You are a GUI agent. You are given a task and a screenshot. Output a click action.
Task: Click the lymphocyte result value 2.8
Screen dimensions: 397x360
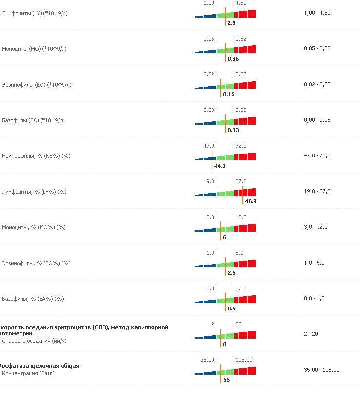232,23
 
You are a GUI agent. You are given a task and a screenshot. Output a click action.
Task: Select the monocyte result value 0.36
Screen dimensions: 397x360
233,59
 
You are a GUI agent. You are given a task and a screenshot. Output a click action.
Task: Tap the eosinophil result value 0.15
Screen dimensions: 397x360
229,94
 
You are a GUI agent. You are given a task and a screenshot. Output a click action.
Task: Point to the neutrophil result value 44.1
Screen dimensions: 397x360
219,166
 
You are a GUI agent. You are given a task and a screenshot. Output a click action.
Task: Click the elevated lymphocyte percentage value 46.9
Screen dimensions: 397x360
251,201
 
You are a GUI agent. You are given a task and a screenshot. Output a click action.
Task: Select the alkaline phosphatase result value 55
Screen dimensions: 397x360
226,379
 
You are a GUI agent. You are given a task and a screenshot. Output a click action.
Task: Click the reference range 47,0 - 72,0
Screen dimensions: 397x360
317,155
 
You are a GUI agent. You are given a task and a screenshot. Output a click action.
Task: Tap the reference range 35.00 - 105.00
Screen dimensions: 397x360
321,370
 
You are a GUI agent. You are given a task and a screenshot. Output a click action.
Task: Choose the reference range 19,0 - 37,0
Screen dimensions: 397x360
317,191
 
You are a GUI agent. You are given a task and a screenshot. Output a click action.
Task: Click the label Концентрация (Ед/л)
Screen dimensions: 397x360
29,373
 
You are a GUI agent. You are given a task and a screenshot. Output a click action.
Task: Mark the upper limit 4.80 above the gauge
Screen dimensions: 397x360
241,3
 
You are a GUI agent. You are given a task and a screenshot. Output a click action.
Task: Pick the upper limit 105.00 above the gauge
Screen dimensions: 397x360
244,360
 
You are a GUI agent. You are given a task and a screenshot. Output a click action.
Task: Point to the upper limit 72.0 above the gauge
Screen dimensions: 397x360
241,146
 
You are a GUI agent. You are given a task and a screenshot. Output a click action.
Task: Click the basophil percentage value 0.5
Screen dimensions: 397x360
232,308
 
